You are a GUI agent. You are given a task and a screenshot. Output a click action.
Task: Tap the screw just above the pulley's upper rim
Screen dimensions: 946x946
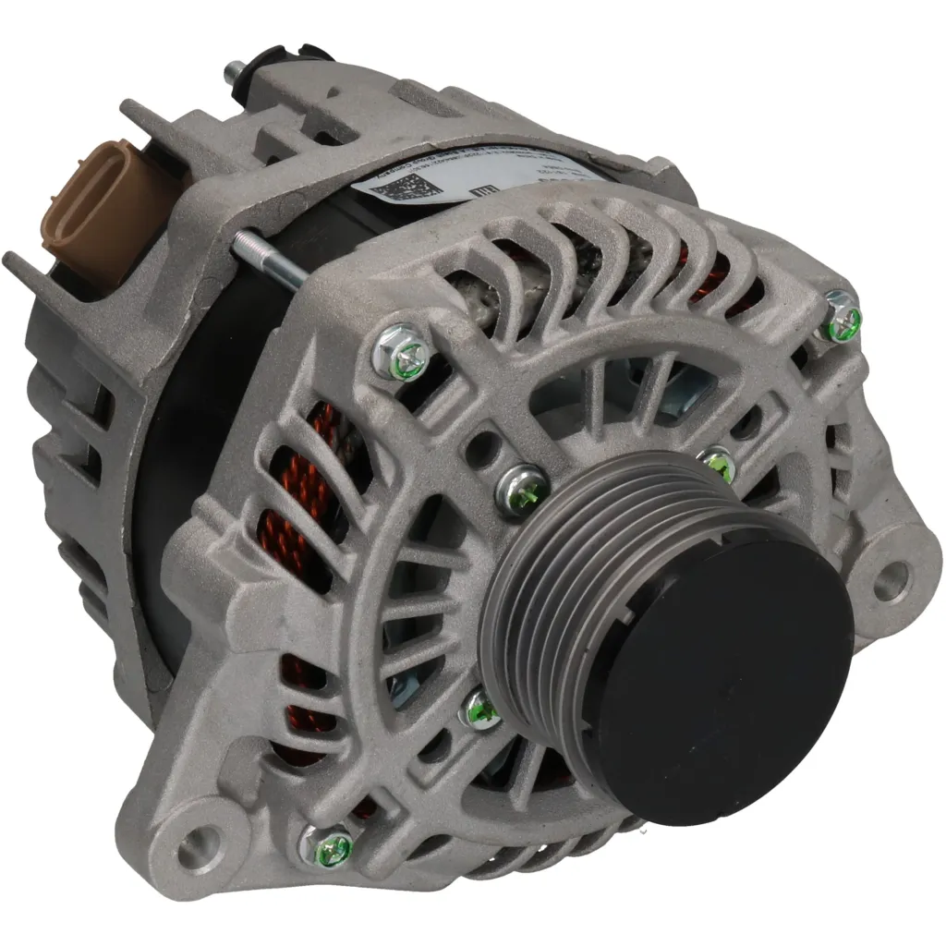(x=718, y=463)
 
